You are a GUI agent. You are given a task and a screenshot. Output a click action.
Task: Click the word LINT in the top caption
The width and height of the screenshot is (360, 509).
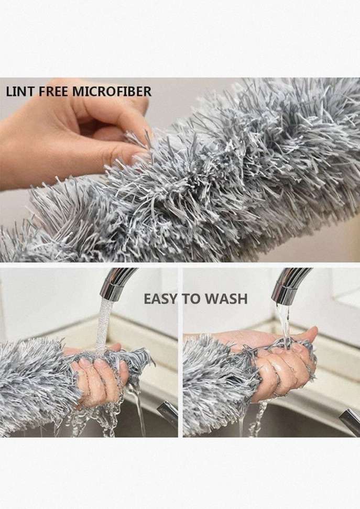20,92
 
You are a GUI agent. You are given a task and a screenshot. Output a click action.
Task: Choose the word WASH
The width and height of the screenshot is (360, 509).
228,299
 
